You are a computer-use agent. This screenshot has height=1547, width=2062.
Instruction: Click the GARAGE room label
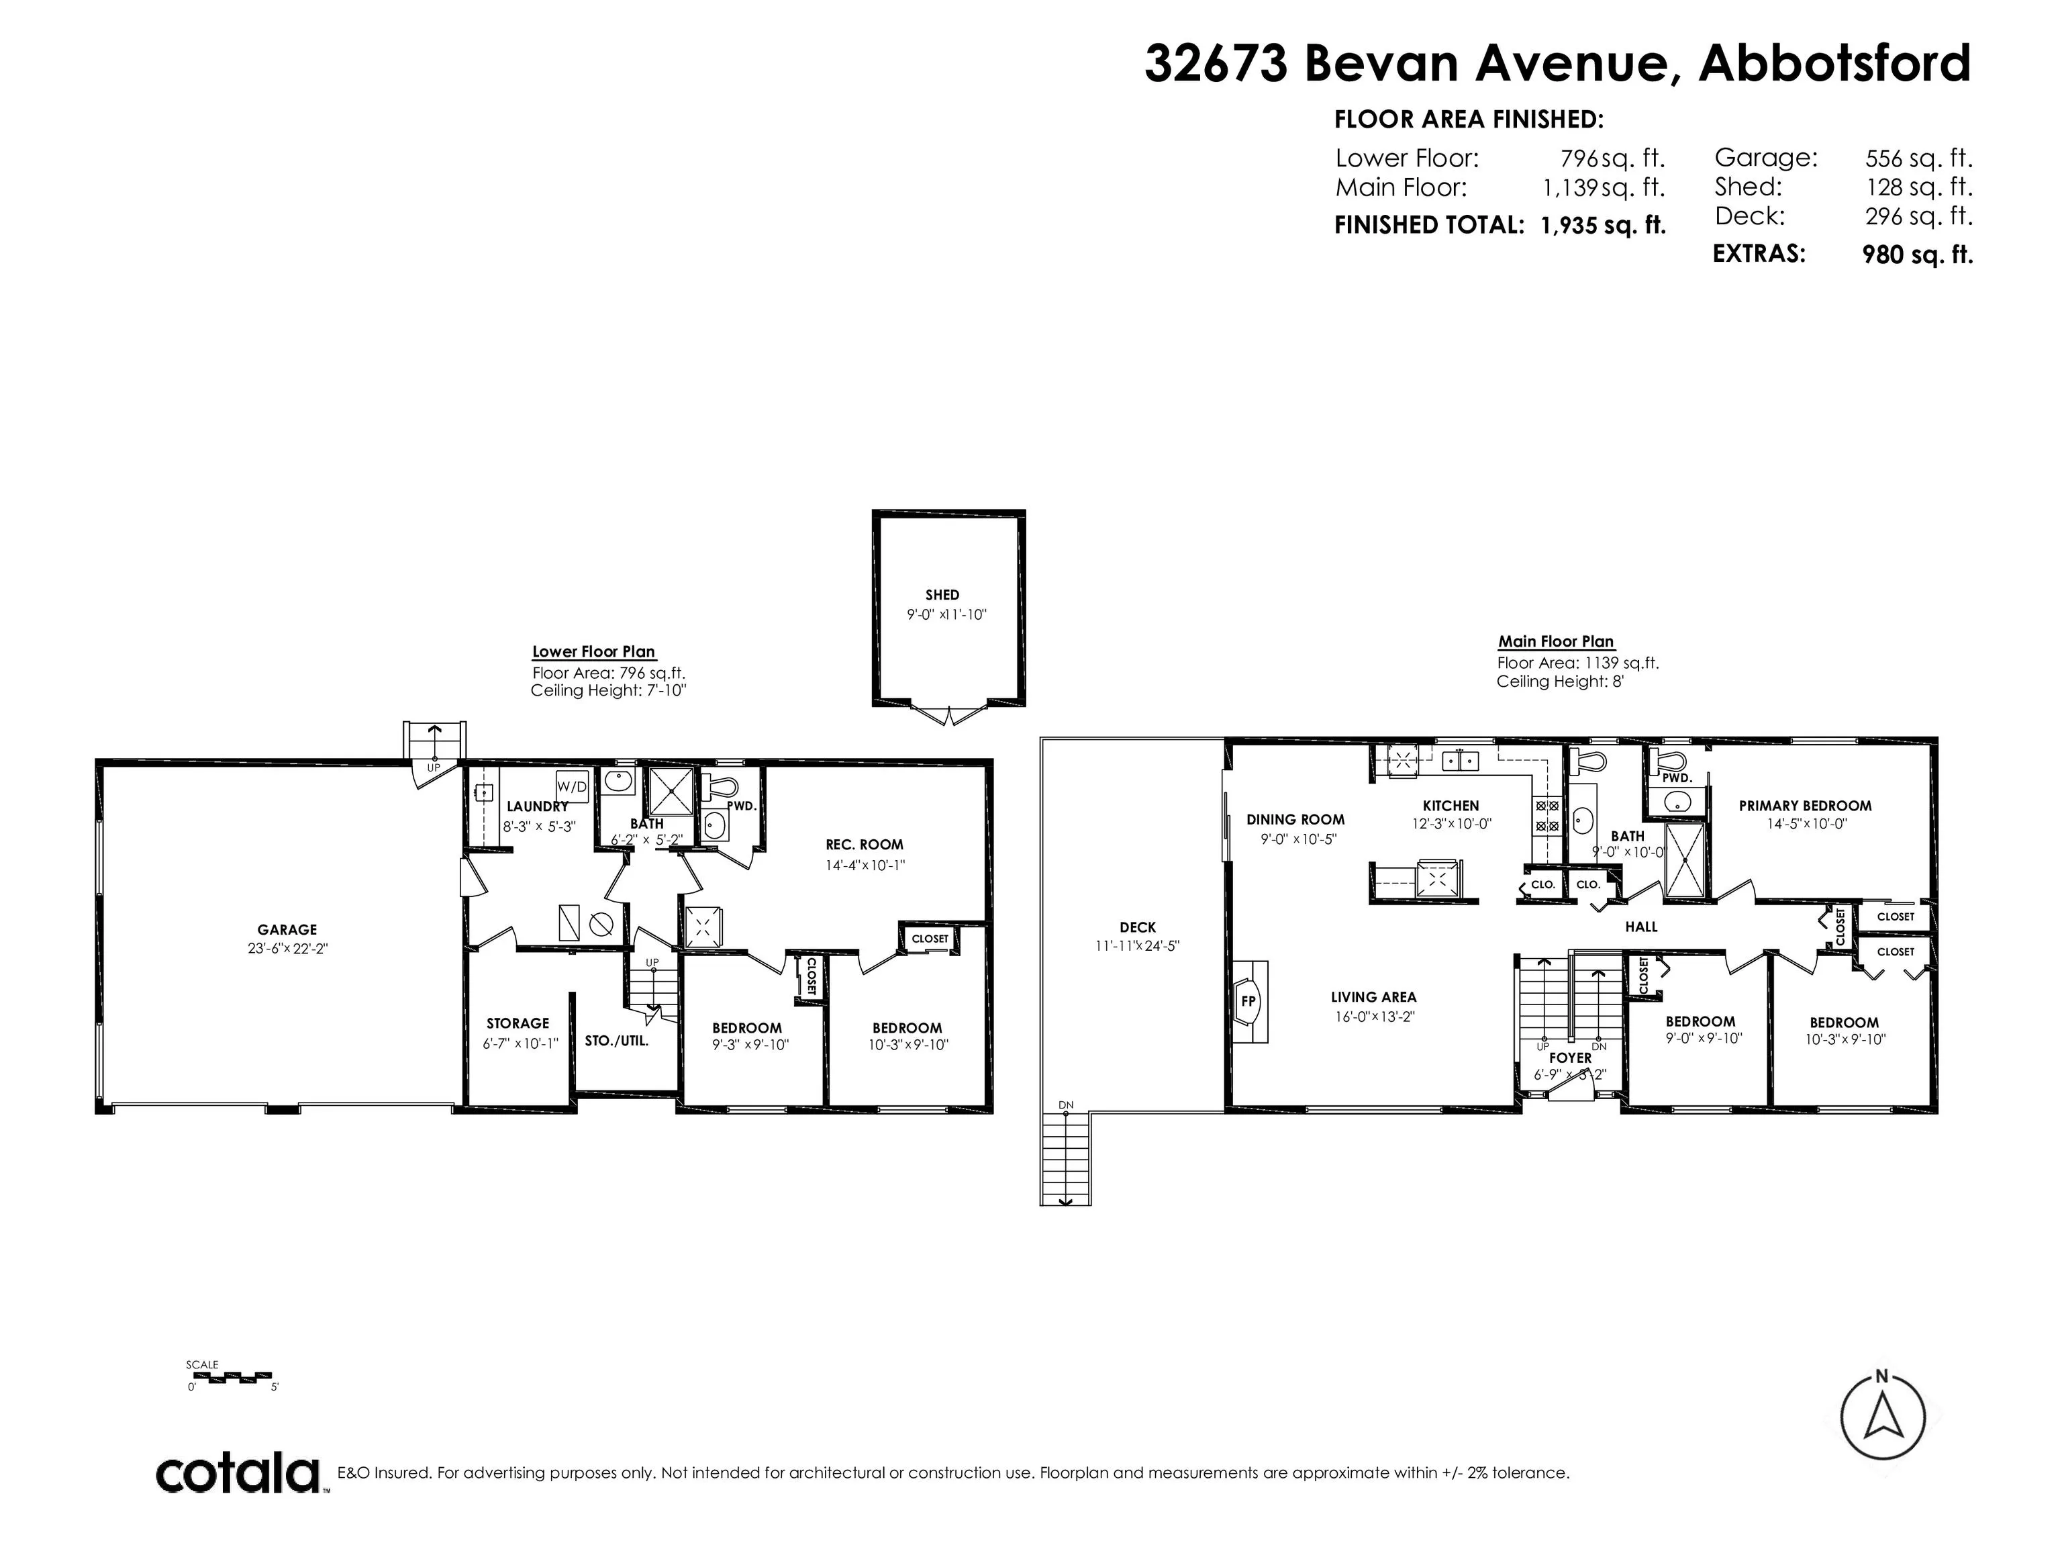[287, 930]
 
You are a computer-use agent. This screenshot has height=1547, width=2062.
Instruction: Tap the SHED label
[942, 595]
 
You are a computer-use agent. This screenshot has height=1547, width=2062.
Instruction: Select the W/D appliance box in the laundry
[573, 787]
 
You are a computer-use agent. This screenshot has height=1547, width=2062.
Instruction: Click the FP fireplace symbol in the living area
[1249, 1000]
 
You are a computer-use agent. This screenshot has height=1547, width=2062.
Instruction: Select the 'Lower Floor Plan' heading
[594, 652]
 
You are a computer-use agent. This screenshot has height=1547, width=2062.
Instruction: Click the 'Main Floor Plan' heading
[1556, 641]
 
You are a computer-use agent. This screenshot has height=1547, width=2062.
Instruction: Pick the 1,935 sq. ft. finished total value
[1602, 225]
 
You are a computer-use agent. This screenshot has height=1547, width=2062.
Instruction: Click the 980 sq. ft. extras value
[1918, 254]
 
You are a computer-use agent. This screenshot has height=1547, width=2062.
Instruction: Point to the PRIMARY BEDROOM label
[1805, 806]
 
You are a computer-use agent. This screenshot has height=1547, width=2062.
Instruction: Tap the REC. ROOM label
[864, 845]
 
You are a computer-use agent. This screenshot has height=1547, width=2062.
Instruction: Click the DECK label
[1137, 927]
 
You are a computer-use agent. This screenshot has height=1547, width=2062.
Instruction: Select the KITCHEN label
[1451, 806]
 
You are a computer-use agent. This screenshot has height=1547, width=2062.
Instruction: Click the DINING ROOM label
[1295, 820]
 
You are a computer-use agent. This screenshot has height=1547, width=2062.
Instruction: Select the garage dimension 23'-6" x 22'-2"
[287, 948]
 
